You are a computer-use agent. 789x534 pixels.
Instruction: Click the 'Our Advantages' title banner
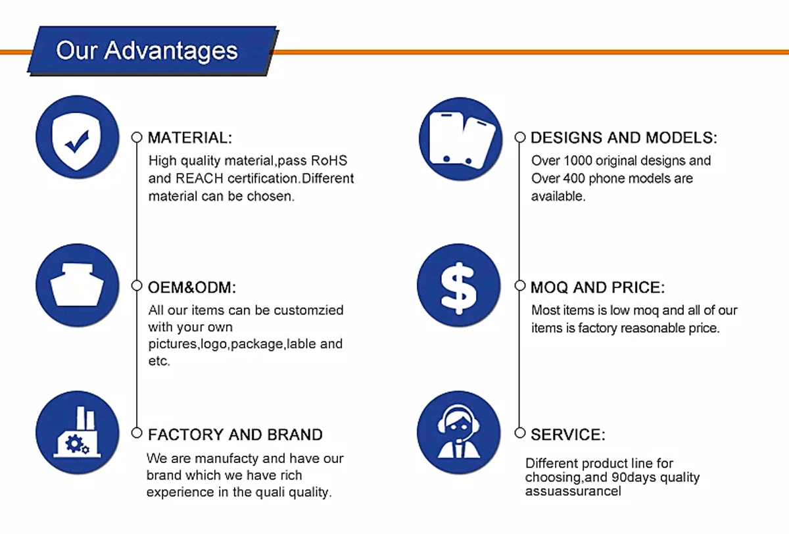coord(153,51)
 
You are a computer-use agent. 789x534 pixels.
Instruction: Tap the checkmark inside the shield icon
coord(78,141)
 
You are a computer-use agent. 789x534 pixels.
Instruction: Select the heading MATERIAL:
coord(190,137)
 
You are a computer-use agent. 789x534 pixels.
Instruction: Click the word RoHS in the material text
coord(329,160)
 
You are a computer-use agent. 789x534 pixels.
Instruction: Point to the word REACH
coord(199,179)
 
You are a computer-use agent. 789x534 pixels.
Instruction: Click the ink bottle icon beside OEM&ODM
coord(77,285)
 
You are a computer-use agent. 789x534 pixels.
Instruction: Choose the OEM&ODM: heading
coord(192,287)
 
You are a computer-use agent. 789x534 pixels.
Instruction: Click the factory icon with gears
coord(77,433)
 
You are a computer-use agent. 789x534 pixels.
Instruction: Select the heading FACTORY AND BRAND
coord(235,435)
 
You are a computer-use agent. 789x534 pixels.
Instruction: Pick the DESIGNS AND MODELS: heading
coord(624,137)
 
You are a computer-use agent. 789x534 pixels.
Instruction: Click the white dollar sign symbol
coord(459,288)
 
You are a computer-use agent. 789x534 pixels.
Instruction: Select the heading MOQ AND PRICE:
coord(598,287)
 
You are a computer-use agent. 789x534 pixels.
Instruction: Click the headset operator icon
coord(459,433)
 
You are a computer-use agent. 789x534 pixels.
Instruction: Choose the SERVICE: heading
coord(568,435)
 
